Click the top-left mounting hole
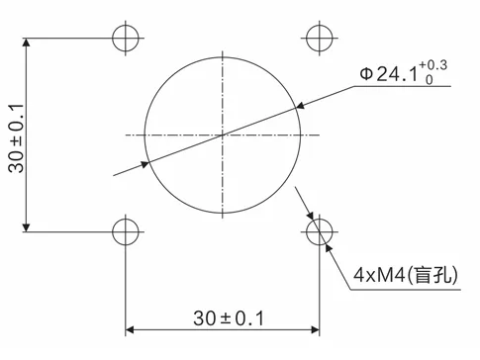coord(126,38)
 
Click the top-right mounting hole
coord(319,38)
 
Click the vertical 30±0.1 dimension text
coord(16,135)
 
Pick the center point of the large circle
coord(223,135)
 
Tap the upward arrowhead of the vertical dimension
coord(28,45)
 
